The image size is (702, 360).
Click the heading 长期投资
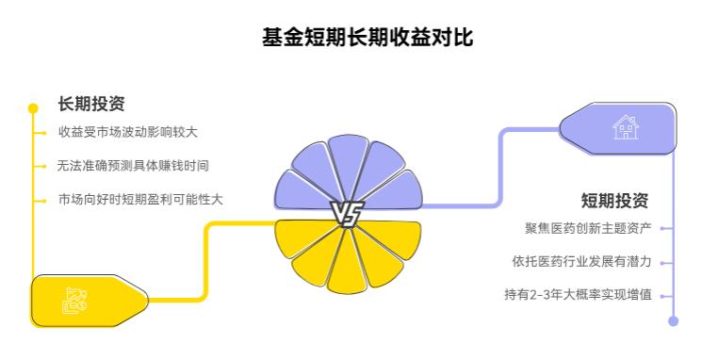[x=91, y=104]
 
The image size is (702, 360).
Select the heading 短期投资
[x=614, y=200]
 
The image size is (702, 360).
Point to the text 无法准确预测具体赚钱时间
[x=133, y=165]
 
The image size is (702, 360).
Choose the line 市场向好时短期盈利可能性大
[x=140, y=199]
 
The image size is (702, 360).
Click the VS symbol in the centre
[x=347, y=214]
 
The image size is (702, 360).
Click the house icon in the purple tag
[x=625, y=127]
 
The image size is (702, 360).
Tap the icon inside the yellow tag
[x=75, y=299]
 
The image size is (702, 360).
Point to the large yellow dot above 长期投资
[x=33, y=107]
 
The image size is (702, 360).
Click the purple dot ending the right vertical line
[x=673, y=320]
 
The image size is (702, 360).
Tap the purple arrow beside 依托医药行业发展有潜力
[x=667, y=261]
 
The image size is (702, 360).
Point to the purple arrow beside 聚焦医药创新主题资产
[x=667, y=228]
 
